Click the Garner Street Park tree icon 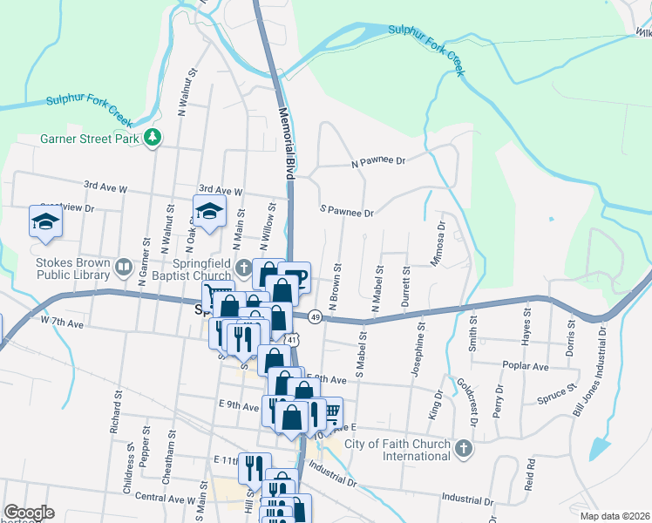[x=153, y=138]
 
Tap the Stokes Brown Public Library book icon [x=124, y=265]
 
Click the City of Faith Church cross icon [x=464, y=450]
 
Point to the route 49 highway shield [x=315, y=317]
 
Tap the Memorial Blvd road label [x=287, y=144]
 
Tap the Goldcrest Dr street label [x=467, y=401]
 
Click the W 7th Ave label [x=61, y=323]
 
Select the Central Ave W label [x=164, y=499]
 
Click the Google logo [x=29, y=513]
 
